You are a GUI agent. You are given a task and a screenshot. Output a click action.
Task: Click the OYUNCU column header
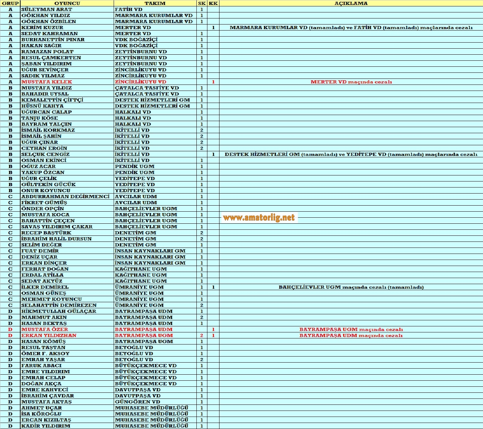click(x=67, y=3)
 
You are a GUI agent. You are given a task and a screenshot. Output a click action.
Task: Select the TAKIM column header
click(x=155, y=3)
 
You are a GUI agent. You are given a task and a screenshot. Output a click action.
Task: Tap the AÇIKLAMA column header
click(x=351, y=3)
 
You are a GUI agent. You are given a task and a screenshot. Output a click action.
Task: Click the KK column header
click(x=213, y=3)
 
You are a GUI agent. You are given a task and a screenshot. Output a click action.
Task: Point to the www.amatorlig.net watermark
click(x=259, y=217)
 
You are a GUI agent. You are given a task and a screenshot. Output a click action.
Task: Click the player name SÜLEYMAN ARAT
click(x=47, y=9)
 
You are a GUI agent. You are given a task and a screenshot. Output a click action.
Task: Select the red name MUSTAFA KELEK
click(x=47, y=82)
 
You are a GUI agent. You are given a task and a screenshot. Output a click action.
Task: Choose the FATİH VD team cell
click(x=129, y=9)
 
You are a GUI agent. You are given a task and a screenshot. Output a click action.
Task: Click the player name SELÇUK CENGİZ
click(x=45, y=154)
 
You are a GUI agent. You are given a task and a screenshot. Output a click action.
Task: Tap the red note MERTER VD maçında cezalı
click(x=351, y=82)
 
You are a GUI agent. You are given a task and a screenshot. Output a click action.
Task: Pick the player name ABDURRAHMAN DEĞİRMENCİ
click(x=65, y=196)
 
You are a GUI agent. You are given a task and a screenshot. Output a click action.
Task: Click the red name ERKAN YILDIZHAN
click(x=49, y=335)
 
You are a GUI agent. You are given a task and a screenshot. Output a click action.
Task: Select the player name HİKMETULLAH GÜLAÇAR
click(x=59, y=311)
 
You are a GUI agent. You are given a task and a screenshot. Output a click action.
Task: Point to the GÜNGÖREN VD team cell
click(x=137, y=402)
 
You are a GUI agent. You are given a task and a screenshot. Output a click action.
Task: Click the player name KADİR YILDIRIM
click(x=46, y=426)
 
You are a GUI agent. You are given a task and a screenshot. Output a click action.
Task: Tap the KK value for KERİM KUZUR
click(x=213, y=27)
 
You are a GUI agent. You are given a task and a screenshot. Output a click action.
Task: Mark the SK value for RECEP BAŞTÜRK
click(x=202, y=233)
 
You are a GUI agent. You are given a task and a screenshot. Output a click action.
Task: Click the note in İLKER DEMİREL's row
click(x=351, y=287)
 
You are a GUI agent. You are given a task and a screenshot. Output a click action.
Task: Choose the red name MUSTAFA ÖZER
click(x=44, y=329)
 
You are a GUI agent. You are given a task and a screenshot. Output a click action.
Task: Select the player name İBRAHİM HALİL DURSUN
click(x=56, y=239)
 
